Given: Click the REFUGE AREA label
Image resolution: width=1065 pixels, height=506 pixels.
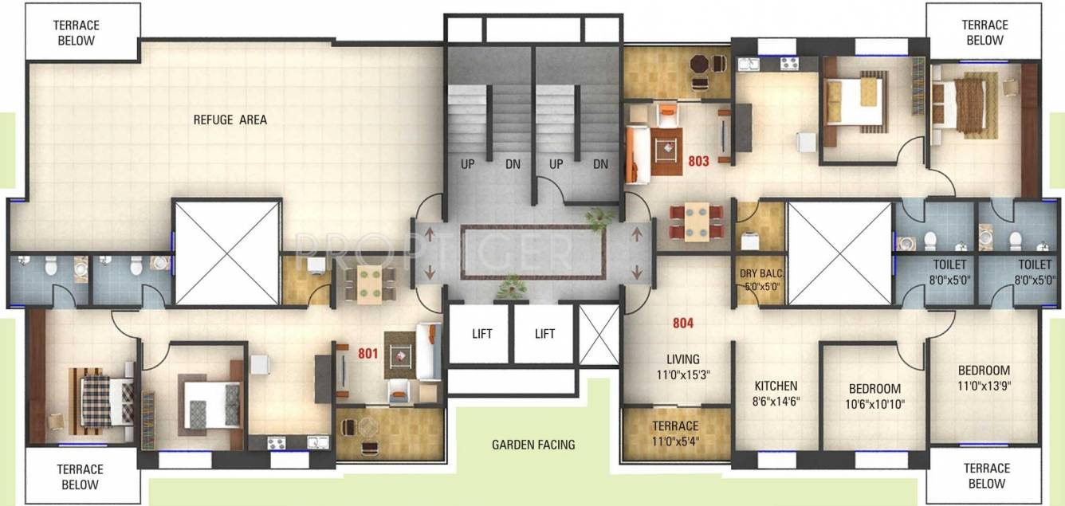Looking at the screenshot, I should pyautogui.click(x=230, y=120).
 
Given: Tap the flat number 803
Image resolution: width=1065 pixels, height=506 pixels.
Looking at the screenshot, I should pyautogui.click(x=698, y=161).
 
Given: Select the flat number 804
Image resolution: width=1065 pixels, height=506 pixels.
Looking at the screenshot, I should pyautogui.click(x=682, y=324).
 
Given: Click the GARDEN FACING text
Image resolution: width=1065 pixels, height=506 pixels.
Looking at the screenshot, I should pyautogui.click(x=532, y=445).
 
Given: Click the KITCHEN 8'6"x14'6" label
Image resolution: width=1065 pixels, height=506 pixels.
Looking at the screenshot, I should pyautogui.click(x=776, y=394).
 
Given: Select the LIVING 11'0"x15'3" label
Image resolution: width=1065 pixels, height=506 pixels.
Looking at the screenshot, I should pyautogui.click(x=683, y=367).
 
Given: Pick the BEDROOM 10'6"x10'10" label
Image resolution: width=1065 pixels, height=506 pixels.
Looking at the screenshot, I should pyautogui.click(x=874, y=396).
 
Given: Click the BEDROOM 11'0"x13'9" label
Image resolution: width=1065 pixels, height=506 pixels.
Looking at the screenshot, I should pyautogui.click(x=984, y=378).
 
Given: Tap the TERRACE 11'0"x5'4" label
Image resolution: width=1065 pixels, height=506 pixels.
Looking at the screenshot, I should pyautogui.click(x=675, y=433).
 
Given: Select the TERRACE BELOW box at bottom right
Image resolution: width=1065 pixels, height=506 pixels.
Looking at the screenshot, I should pyautogui.click(x=986, y=476).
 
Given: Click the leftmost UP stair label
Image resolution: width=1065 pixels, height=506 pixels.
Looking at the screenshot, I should pyautogui.click(x=468, y=164).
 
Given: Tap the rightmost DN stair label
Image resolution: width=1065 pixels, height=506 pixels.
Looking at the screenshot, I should pyautogui.click(x=600, y=164).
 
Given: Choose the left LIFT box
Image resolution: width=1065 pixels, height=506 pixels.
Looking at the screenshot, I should pyautogui.click(x=481, y=333).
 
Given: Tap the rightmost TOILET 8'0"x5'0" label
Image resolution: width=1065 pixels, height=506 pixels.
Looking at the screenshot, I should pyautogui.click(x=1034, y=272).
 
